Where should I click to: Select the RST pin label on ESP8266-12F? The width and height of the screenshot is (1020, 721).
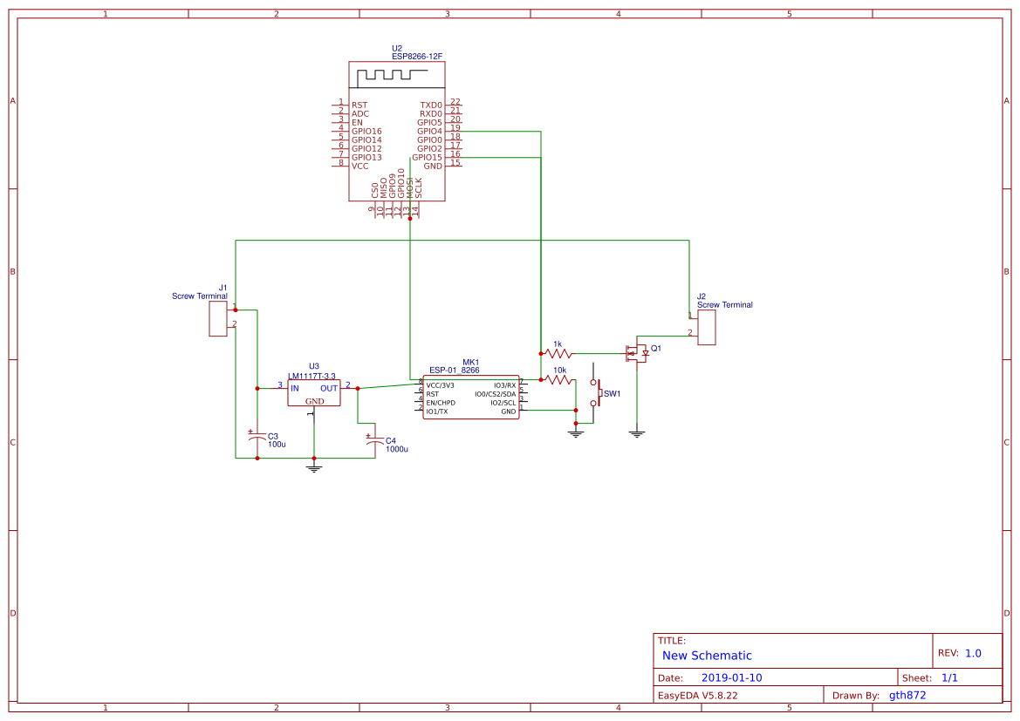[x=359, y=105]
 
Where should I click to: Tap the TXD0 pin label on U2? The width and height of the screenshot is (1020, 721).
[x=431, y=105]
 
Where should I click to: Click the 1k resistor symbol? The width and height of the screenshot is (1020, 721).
[x=558, y=354]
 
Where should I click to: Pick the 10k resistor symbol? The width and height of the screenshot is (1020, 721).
[x=558, y=380]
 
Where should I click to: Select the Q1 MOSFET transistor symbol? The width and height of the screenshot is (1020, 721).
[x=638, y=353]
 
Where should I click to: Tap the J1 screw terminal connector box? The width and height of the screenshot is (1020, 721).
[x=218, y=319]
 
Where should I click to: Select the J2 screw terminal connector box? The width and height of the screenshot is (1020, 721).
[x=706, y=327]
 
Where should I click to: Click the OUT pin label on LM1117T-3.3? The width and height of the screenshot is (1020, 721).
[x=328, y=388]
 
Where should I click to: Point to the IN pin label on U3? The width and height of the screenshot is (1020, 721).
[x=295, y=388]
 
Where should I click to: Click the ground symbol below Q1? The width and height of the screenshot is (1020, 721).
[x=637, y=432]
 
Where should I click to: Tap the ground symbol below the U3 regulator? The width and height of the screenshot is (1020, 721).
[x=314, y=468]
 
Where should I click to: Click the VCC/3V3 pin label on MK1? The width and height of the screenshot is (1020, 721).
[x=440, y=385]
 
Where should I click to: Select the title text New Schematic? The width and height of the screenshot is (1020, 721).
[x=707, y=656]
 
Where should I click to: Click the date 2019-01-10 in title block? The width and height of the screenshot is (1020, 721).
[x=731, y=677]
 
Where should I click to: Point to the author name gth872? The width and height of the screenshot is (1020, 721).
[x=907, y=695]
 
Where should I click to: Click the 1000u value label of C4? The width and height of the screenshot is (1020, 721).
[x=396, y=449]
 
